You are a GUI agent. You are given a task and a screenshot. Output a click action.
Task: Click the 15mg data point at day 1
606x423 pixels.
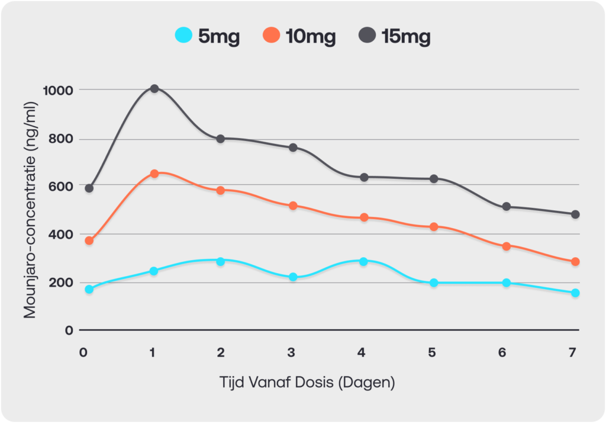[154, 89]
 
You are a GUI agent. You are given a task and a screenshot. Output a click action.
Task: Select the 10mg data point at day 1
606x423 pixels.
[154, 174]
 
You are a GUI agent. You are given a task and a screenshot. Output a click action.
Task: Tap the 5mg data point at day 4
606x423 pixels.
[363, 262]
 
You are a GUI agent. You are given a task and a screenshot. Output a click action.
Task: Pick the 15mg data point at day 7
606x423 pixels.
[575, 214]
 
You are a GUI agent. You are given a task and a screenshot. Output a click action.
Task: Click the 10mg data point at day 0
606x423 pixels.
[89, 241]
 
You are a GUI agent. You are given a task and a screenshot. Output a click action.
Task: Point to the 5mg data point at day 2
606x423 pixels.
[220, 262]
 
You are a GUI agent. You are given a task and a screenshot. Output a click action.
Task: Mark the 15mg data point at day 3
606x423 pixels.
[293, 148]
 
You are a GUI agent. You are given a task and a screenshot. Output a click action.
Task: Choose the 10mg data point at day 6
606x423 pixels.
[507, 246]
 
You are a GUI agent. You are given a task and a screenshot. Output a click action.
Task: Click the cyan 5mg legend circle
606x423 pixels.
[183, 35]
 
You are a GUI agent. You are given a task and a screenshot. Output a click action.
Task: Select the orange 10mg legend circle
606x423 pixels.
[271, 35]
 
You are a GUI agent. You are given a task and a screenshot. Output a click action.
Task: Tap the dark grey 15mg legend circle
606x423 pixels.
[367, 35]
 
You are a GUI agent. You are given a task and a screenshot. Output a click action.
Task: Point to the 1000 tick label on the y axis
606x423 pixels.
[58, 91]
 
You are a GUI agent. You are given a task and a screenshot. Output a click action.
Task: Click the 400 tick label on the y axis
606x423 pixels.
[61, 235]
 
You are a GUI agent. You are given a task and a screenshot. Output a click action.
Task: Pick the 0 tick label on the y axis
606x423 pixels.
[69, 331]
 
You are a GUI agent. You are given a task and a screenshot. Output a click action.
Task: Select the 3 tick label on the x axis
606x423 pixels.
[291, 352]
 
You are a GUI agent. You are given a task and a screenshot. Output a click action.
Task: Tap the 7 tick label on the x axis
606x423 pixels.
[572, 352]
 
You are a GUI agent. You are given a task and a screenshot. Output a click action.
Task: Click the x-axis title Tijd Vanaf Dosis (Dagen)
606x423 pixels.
[307, 382]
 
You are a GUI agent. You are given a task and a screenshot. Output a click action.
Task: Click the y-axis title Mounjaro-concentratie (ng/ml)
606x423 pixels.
[30, 210]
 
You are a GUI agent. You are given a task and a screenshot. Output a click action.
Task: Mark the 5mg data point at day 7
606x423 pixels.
[575, 293]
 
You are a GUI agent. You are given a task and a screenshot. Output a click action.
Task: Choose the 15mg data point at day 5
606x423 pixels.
[434, 179]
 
